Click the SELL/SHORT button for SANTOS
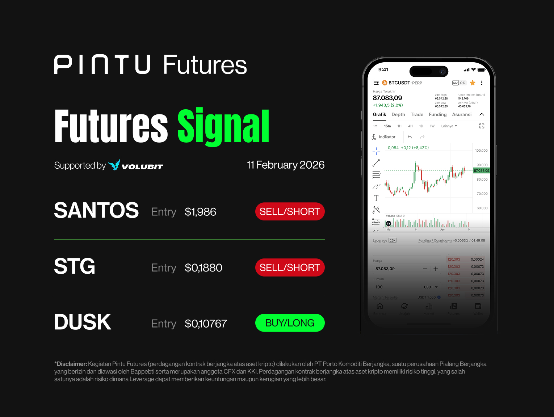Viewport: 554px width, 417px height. point(290,211)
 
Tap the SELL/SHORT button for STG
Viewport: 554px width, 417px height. point(290,268)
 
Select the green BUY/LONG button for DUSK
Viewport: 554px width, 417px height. point(290,323)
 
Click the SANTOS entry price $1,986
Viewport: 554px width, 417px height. point(200,212)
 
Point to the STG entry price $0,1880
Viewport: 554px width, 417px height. point(203,268)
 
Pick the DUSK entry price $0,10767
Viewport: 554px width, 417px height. point(206,324)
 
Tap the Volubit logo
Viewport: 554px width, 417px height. point(136,165)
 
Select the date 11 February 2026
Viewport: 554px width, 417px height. point(285,165)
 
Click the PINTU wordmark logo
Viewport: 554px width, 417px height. point(102,65)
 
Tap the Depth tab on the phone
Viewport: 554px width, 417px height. point(398,115)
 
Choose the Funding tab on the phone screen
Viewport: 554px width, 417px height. point(437,115)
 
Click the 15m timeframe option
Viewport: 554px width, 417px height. point(387,126)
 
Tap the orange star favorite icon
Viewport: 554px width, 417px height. point(473,83)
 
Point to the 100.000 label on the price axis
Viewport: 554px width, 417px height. point(481,151)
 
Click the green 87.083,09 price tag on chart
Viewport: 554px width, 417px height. point(481,170)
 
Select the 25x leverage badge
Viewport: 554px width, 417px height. point(393,240)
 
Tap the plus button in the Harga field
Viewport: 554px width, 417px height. point(436,269)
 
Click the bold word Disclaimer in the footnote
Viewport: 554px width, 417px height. point(72,364)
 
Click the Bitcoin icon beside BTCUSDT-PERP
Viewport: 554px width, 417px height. point(385,83)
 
